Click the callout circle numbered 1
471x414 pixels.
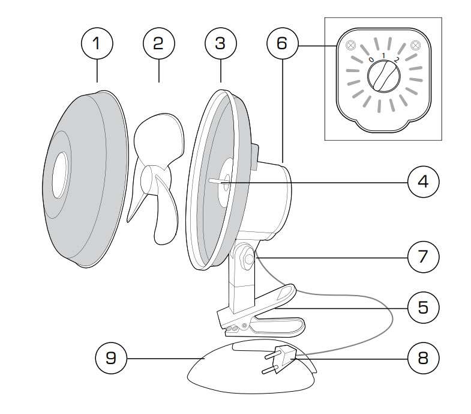[x=97, y=43]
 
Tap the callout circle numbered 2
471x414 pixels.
[x=159, y=43]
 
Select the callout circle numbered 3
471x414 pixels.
[x=221, y=43]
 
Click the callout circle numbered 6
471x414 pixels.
[x=283, y=43]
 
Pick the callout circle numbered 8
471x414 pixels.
[x=423, y=358]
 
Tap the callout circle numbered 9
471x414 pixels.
[x=113, y=358]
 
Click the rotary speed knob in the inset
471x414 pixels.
[x=383, y=78]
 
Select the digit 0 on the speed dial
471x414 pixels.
[x=371, y=59]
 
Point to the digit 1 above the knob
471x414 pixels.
[x=383, y=55]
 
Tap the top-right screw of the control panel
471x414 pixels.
[x=415, y=45]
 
